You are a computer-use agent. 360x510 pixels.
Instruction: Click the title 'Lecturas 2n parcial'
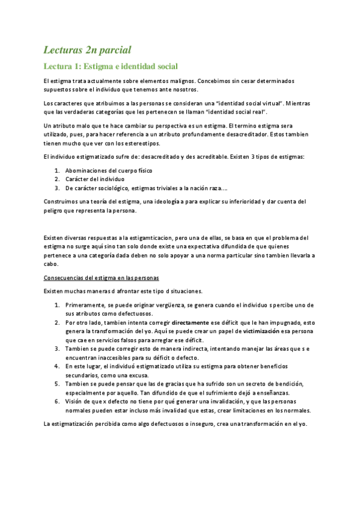(88, 49)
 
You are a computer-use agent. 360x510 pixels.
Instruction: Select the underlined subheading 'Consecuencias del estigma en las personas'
(102, 277)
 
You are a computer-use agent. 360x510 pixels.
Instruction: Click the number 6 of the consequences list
(56, 401)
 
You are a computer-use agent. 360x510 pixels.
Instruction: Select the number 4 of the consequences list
(56, 366)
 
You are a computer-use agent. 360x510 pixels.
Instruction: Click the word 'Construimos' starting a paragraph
(62, 201)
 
